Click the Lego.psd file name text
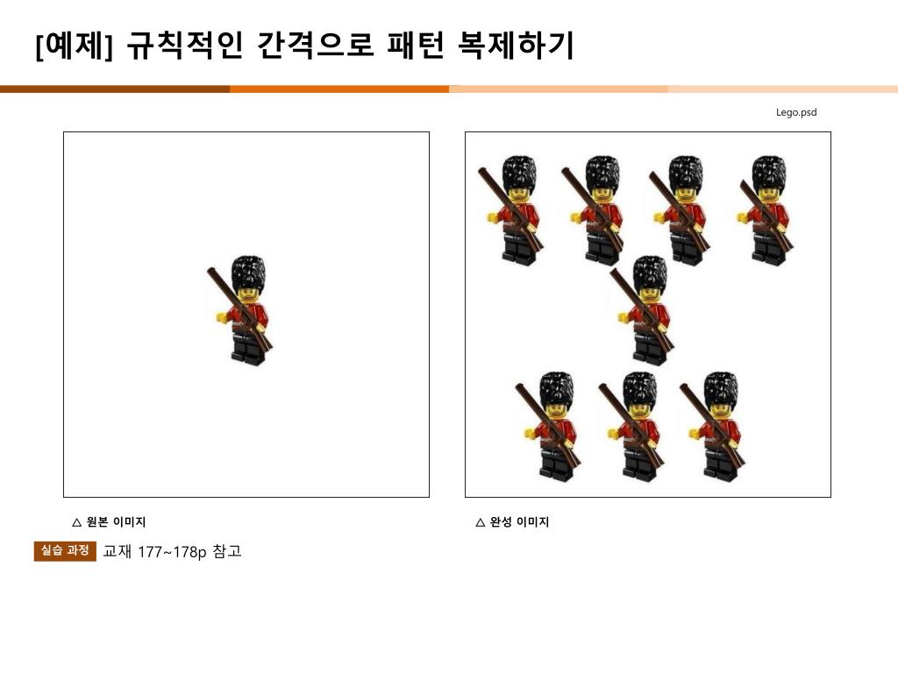pos(796,112)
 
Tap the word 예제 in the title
pos(74,46)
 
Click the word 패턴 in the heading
pos(416,46)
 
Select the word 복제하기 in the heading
pos(516,46)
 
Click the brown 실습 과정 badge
pos(65,550)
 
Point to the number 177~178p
pos(172,552)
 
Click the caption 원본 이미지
pos(117,522)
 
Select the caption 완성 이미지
pos(519,522)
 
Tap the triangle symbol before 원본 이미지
pos(77,522)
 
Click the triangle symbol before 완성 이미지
pos(481,522)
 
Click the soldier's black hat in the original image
pos(248,273)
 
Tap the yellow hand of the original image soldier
pos(221,316)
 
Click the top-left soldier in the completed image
pos(511,210)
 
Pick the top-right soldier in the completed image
pos(765,210)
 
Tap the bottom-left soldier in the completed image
pos(549,427)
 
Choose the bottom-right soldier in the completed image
pos(714,427)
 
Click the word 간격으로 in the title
pos(316,46)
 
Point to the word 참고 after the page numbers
pos(227,551)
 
